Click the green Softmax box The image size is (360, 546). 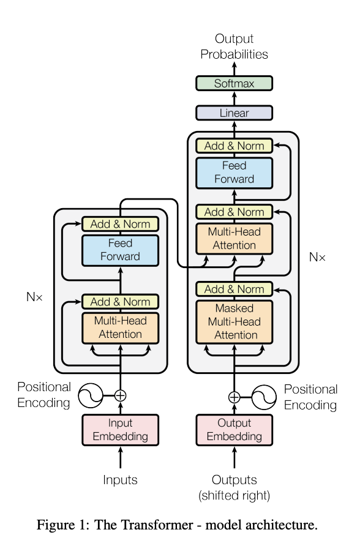(x=234, y=83)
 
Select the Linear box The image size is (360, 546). (x=234, y=113)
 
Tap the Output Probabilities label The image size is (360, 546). (x=234, y=47)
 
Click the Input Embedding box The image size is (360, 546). (x=121, y=430)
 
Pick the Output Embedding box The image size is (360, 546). (x=234, y=430)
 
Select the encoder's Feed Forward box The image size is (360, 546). (x=121, y=250)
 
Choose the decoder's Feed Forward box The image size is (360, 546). (x=234, y=172)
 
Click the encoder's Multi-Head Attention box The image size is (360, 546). (x=121, y=327)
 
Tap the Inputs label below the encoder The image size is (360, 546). (x=120, y=480)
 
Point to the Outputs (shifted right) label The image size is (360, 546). (x=234, y=487)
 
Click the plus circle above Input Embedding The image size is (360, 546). (x=121, y=395)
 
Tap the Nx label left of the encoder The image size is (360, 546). (x=34, y=297)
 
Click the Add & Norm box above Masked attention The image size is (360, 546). (x=234, y=289)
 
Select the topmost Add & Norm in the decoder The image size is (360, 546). (x=234, y=146)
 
